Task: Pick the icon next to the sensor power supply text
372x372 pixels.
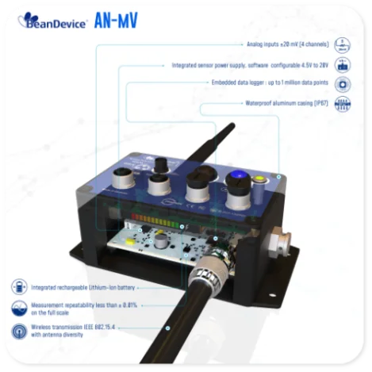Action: pos(343,65)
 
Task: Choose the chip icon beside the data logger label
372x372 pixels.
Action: pos(343,84)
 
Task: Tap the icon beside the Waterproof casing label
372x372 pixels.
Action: pos(343,104)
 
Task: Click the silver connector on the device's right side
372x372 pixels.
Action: pos(279,238)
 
